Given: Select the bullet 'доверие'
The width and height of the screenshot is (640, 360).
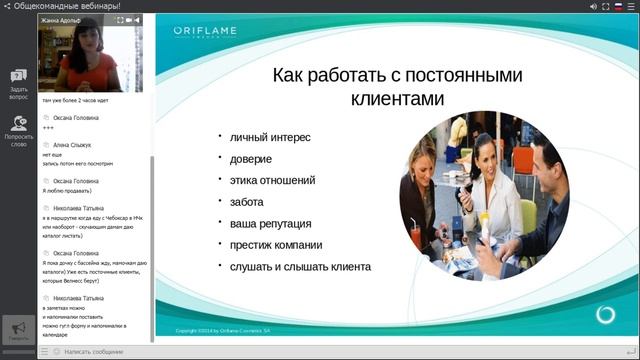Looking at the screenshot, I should [x=250, y=158].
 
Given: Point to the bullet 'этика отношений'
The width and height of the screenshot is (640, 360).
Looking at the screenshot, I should [x=272, y=180].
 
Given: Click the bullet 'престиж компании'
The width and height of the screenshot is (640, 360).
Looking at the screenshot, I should [x=276, y=245].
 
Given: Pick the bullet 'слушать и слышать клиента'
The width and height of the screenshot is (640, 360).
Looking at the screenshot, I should [x=300, y=267].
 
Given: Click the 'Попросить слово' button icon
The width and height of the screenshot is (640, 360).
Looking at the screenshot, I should [x=18, y=124].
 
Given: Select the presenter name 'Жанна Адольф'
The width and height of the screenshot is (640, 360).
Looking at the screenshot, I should [x=61, y=19].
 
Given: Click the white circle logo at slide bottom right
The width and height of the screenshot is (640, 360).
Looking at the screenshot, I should [x=605, y=315].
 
